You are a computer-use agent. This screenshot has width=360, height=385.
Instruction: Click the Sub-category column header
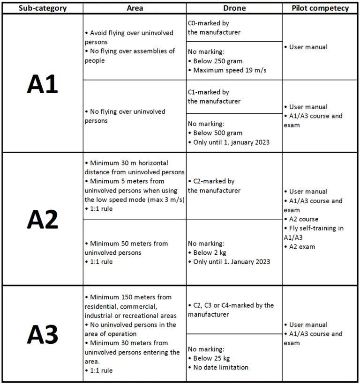42,8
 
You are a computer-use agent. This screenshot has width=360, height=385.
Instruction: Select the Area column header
135,8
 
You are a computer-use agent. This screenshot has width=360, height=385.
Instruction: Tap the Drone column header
234,8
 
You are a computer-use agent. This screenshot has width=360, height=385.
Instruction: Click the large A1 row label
42,84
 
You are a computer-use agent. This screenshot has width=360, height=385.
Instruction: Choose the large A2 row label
42,219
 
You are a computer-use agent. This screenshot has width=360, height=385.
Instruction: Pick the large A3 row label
42,334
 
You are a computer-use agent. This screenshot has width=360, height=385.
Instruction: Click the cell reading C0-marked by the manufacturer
214,28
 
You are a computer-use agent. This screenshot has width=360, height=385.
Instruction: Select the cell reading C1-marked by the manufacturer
214,96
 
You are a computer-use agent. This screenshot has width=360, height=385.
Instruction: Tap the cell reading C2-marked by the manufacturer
214,186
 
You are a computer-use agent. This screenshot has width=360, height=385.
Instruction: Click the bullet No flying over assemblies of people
129,56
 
